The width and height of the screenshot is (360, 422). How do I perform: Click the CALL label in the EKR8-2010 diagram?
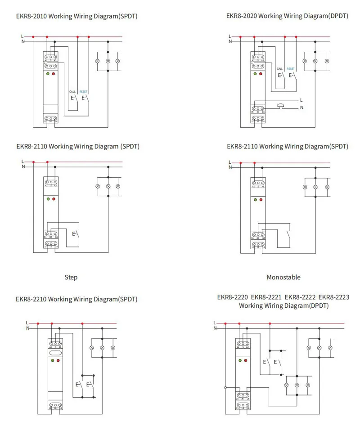(72, 91)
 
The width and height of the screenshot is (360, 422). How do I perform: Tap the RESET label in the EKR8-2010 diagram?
(83, 91)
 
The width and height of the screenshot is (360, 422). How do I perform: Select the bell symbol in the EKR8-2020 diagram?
(282, 106)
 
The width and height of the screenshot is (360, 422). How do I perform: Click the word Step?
(71, 277)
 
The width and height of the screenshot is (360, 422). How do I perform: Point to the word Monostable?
(283, 277)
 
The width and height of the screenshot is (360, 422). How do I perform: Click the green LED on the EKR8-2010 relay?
(47, 73)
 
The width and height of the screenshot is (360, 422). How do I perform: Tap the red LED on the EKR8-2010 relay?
(54, 73)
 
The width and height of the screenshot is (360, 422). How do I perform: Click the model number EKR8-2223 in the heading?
(333, 297)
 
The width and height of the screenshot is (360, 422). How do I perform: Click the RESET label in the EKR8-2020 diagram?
(291, 69)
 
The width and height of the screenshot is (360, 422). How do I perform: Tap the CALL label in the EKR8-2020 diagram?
(280, 69)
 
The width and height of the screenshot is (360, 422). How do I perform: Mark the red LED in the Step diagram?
(54, 198)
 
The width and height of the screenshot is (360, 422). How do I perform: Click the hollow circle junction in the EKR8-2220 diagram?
(225, 387)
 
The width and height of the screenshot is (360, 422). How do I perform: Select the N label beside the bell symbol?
(301, 108)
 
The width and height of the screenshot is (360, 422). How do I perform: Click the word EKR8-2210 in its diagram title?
(31, 299)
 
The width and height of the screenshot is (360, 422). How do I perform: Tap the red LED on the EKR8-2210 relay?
(58, 360)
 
